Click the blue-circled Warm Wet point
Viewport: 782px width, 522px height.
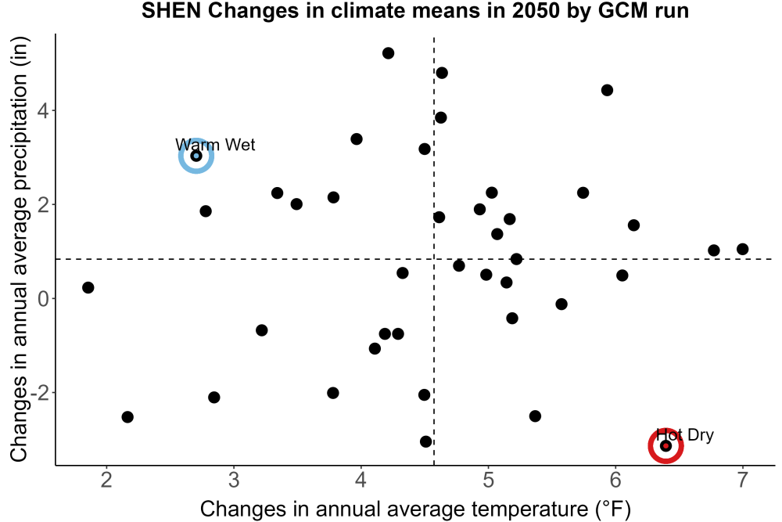[196, 157]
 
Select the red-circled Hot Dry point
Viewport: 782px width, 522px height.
[665, 445]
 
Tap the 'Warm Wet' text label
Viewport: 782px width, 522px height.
[216, 145]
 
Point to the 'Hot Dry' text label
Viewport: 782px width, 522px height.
[685, 435]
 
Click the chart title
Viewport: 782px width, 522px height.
[415, 11]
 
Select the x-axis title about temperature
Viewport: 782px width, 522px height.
[415, 509]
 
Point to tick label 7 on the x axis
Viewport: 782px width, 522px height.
[743, 480]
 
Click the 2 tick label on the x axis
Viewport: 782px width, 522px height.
[106, 480]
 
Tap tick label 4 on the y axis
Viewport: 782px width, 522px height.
[44, 110]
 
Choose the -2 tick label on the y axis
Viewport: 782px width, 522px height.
[40, 393]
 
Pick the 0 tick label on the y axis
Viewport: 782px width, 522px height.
[44, 298]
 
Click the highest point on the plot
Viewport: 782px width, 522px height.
[388, 53]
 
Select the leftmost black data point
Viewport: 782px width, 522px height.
[88, 287]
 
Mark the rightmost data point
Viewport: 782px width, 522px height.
[743, 249]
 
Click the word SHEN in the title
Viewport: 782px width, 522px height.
[170, 11]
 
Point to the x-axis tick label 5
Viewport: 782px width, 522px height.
[488, 480]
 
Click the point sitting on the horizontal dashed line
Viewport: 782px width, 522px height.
[516, 259]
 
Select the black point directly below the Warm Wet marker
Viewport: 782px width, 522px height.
[206, 211]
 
